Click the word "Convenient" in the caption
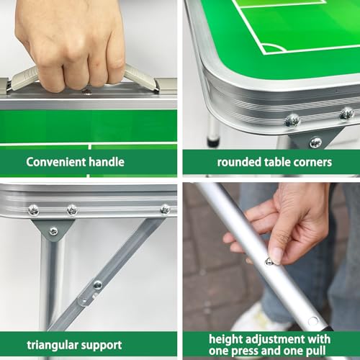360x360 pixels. coord(56,162)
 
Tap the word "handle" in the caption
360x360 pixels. coord(107,162)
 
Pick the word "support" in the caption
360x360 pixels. coord(102,346)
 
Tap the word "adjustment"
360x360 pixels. coord(274,340)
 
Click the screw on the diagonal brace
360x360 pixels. coord(98,285)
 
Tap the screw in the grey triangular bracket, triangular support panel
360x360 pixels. coord(53,231)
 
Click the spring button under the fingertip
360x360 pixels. coord(269,261)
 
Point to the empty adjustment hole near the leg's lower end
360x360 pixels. coord(313,321)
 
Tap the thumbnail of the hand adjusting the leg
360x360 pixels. coord(275,256)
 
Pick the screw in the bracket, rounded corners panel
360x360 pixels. coord(315,143)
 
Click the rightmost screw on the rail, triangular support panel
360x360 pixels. coord(165,210)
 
